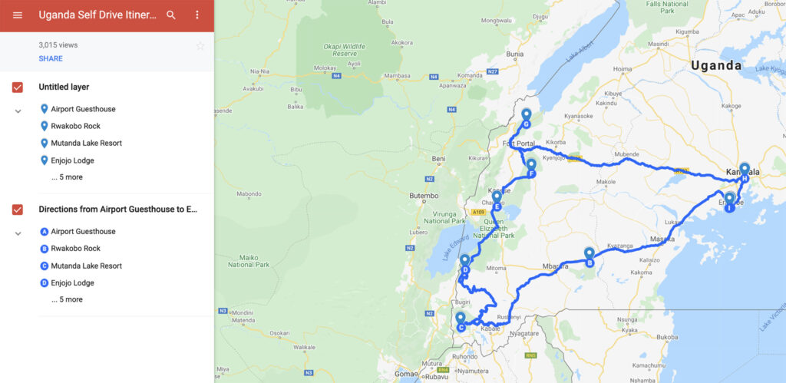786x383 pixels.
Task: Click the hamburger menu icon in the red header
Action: (17, 15)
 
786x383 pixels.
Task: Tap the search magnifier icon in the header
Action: (171, 15)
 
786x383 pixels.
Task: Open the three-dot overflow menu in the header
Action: (196, 15)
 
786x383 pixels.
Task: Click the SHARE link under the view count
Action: (51, 58)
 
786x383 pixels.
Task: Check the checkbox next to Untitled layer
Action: (18, 87)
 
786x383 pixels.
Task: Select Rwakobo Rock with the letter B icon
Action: (75, 249)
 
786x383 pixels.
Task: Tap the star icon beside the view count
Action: (200, 45)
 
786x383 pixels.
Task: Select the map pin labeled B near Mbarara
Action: (589, 254)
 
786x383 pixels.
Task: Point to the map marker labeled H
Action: (745, 170)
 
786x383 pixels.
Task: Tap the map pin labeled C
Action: (461, 320)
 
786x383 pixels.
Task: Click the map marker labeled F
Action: (531, 166)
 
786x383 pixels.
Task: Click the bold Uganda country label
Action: (716, 66)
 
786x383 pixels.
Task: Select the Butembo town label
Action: (423, 196)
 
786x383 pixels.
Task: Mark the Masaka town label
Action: (662, 239)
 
